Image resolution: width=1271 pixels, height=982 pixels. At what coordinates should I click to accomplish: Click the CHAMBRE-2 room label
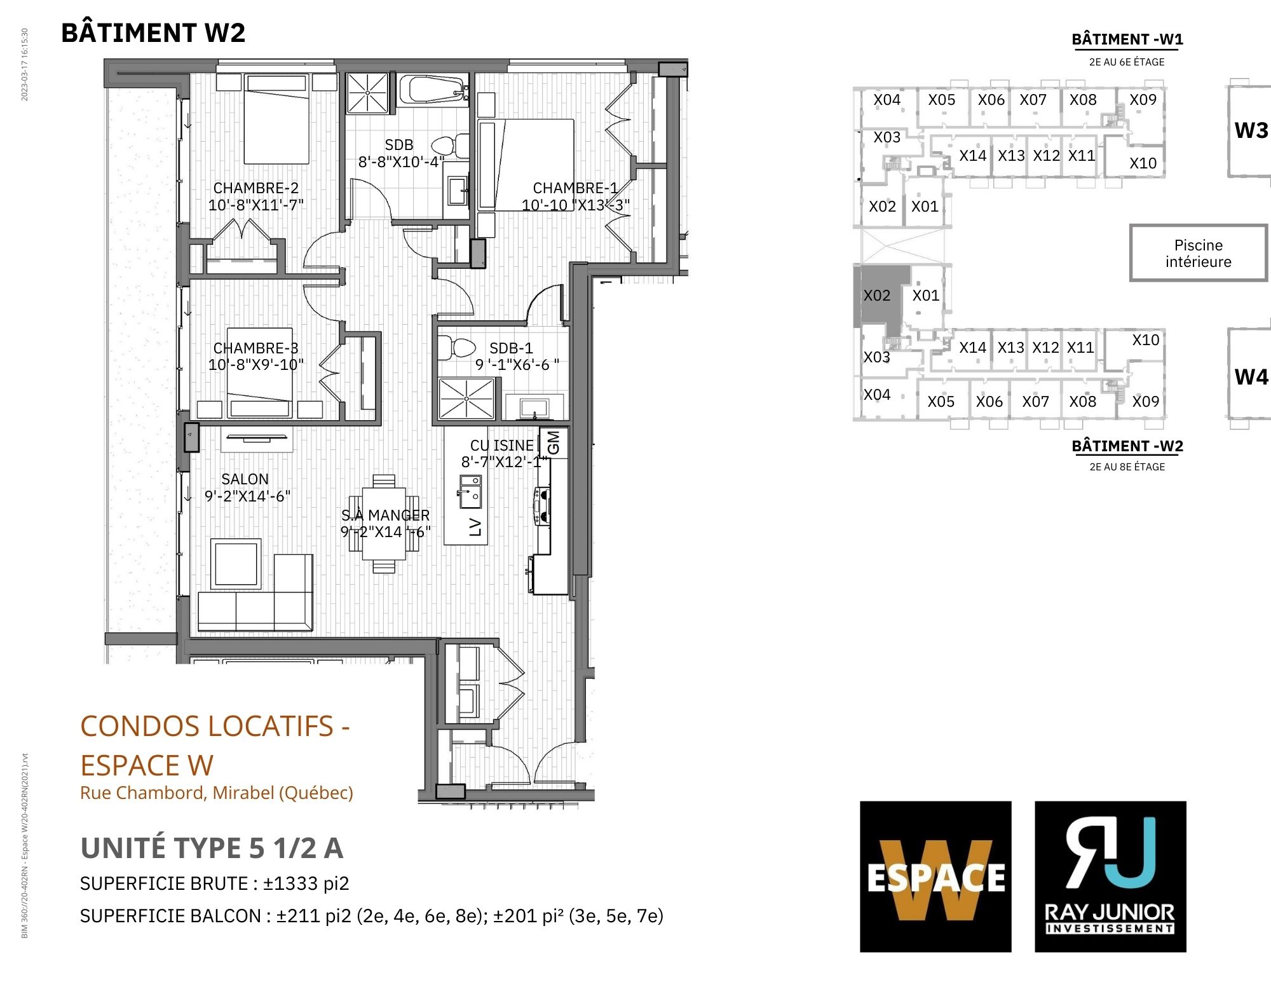click(255, 188)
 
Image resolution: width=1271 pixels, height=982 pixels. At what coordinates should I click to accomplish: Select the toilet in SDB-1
click(456, 348)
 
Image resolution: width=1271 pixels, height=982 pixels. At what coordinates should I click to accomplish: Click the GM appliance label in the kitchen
click(554, 442)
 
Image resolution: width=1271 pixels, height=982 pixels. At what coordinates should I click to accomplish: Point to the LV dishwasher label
click(475, 527)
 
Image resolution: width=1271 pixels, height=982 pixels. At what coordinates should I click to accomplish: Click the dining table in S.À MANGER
click(384, 523)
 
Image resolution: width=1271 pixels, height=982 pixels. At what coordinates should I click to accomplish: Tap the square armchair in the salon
click(236, 563)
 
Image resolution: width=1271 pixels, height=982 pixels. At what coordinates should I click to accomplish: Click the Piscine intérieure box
click(1198, 253)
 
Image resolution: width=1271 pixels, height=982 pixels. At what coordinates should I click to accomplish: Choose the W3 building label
click(1251, 130)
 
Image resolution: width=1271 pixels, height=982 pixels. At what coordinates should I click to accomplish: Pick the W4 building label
click(1251, 377)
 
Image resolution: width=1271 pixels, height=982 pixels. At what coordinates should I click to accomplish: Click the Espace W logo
click(935, 876)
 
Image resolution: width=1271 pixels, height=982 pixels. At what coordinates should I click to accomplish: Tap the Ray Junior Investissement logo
click(1110, 876)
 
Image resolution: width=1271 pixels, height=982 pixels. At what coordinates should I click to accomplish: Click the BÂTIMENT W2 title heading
click(153, 32)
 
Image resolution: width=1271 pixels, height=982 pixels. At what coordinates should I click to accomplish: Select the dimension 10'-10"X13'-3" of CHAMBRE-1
click(576, 205)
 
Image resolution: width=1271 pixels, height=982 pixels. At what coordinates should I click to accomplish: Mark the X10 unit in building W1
click(1143, 163)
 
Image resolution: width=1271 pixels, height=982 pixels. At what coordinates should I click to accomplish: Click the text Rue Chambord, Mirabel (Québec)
click(217, 793)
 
